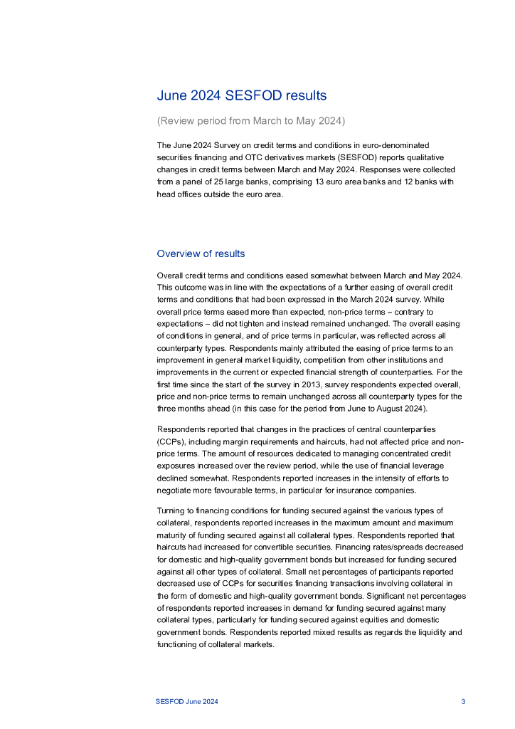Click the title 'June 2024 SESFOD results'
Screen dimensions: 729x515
tap(242, 95)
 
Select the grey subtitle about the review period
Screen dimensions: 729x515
tap(250, 121)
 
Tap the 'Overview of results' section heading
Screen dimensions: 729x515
tap(201, 253)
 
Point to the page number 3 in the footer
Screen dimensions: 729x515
tap(463, 702)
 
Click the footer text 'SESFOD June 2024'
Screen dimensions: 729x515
tap(187, 702)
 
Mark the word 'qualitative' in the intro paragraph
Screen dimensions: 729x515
tap(435, 157)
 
